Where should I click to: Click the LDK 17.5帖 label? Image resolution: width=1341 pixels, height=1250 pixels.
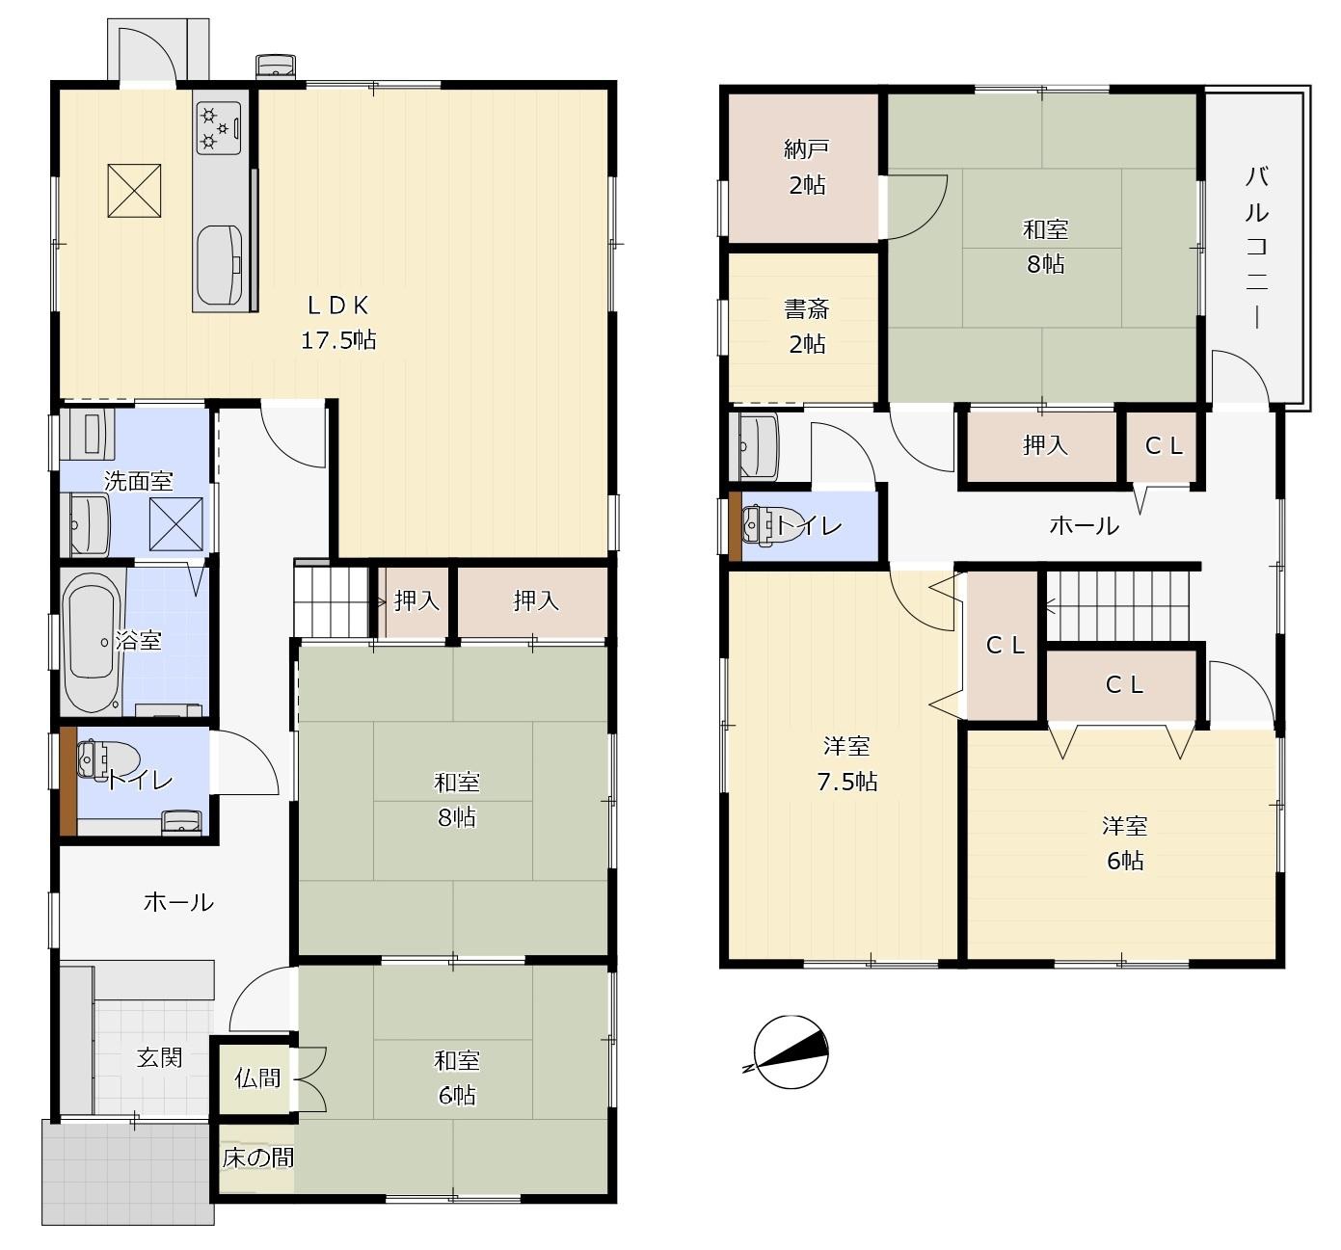click(338, 323)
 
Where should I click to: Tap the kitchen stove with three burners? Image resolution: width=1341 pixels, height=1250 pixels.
click(218, 127)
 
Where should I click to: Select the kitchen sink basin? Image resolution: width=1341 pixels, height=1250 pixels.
click(220, 265)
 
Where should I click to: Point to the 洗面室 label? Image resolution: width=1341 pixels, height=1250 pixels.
click(139, 482)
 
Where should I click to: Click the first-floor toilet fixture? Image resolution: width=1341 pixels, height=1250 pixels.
click(107, 759)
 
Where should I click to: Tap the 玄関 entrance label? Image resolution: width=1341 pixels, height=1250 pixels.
click(160, 1057)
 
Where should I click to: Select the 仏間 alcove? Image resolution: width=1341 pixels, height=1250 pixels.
click(256, 1078)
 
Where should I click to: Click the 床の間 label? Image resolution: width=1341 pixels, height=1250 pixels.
click(258, 1157)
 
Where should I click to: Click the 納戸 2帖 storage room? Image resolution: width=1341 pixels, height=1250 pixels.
click(803, 168)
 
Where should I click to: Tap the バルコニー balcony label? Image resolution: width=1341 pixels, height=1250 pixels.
click(1256, 249)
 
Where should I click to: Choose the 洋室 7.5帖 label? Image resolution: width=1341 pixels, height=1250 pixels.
click(846, 763)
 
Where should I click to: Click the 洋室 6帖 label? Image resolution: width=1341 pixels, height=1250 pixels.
click(1125, 843)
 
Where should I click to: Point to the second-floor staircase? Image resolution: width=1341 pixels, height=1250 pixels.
click(1117, 606)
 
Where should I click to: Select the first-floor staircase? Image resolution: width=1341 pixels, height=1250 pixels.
click(332, 601)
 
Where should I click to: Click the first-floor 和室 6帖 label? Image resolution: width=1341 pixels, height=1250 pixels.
click(457, 1078)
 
